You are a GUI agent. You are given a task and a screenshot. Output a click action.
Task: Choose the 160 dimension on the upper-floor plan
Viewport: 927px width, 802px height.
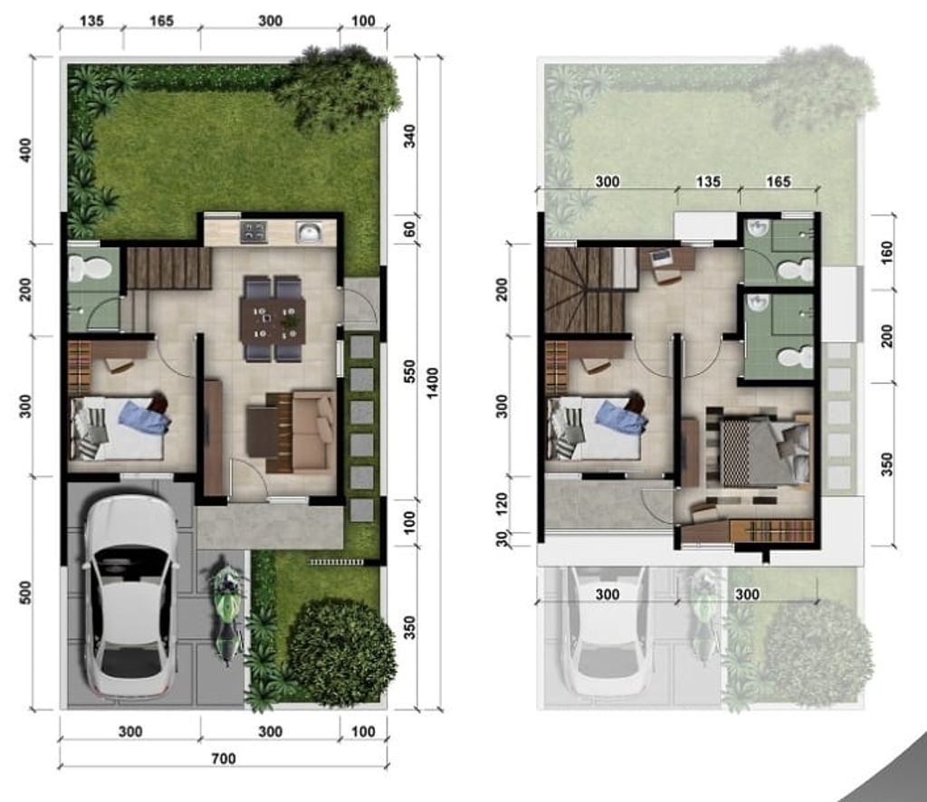[885, 251]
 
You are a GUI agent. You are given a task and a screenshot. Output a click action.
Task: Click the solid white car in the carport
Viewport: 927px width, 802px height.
[130, 597]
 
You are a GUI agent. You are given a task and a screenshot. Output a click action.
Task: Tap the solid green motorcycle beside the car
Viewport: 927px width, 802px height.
[227, 611]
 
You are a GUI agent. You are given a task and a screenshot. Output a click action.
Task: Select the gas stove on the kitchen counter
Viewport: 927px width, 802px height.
[253, 233]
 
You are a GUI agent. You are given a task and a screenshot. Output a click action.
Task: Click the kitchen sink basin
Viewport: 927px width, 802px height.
[310, 234]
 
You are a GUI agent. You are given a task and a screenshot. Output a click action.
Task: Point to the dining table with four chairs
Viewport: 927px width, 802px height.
[272, 319]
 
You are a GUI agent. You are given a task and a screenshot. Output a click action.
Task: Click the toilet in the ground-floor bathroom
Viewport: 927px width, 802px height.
[90, 268]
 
